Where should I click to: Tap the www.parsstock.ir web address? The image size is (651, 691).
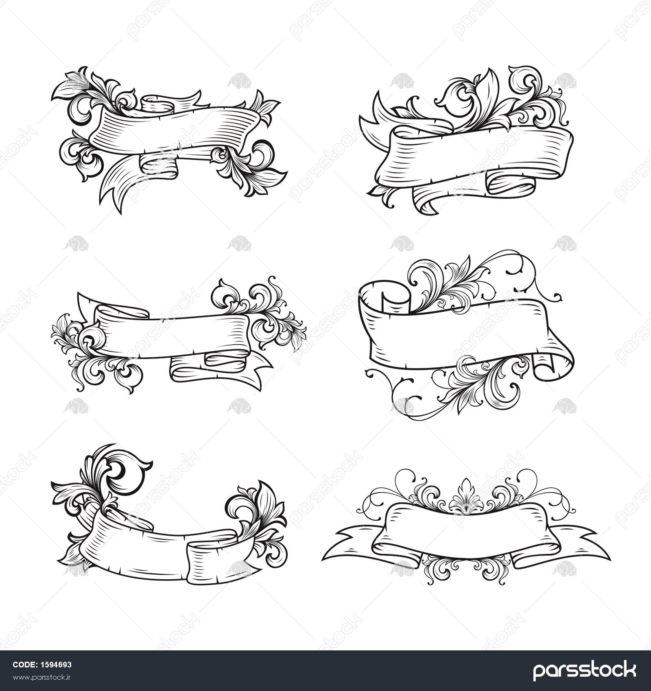click(x=42, y=677)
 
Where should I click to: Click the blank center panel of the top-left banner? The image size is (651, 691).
click(x=175, y=130)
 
